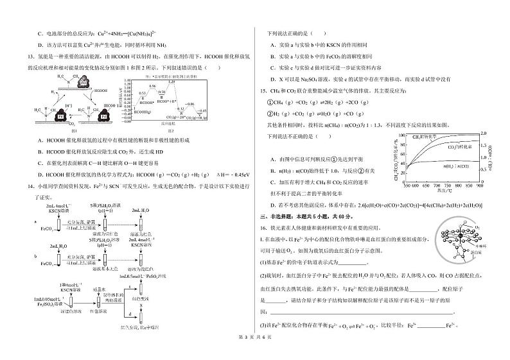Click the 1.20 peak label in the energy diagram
tap(172, 81)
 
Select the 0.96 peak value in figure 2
tap(152, 85)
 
